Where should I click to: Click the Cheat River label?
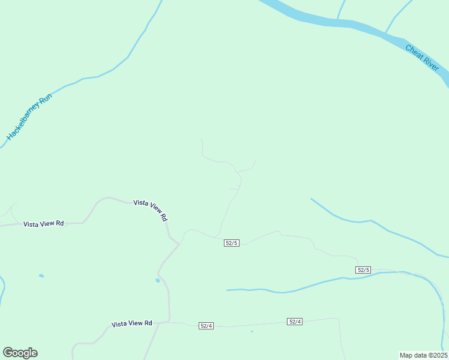pos(423,58)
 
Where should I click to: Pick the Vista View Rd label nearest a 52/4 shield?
pos(132,323)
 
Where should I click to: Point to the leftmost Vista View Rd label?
pos(43,224)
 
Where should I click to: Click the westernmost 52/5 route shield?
pos(232,242)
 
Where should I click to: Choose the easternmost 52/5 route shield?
pos(363,270)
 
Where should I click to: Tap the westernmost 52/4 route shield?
pos(206,326)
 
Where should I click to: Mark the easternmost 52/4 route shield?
pos(294,322)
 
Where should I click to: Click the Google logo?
pos(20,353)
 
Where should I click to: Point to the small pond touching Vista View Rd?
pos(157,280)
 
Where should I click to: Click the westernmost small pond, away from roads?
pos(41,276)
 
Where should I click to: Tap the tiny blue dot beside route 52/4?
pos(252,331)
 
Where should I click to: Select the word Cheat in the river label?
pos(415,52)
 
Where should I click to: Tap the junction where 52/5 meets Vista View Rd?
pos(179,244)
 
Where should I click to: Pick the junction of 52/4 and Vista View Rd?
pos(170,322)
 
